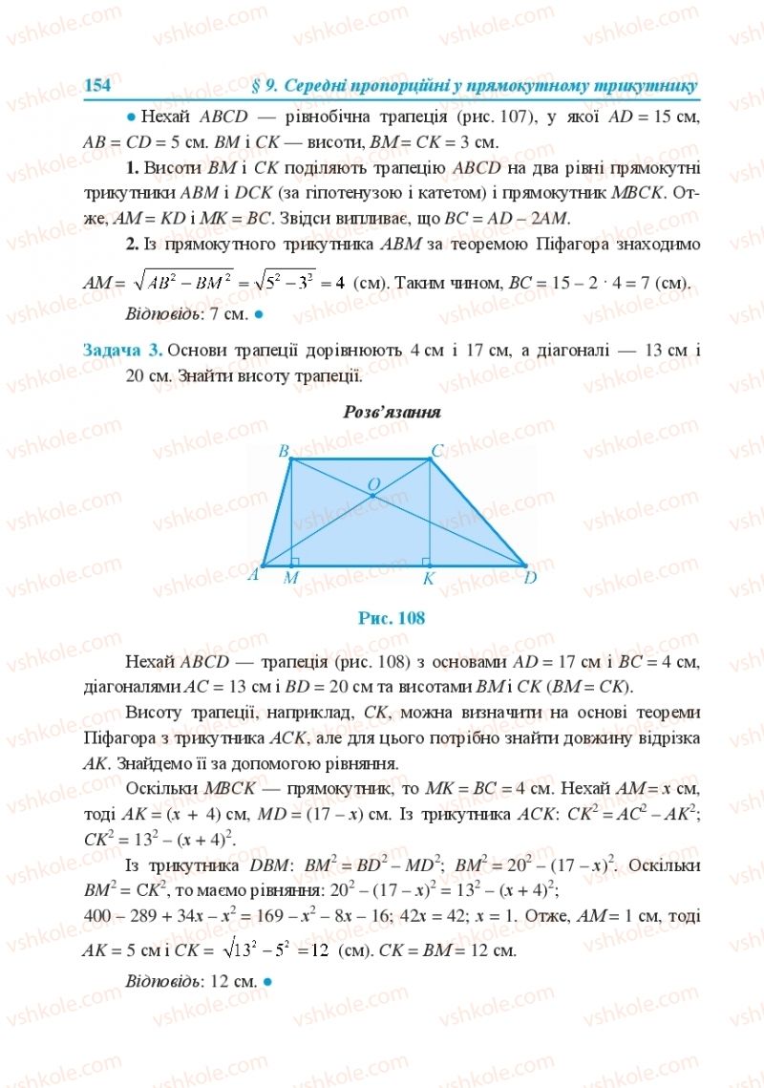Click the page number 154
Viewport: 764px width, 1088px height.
tap(98, 85)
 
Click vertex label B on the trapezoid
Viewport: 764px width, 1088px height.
tap(283, 450)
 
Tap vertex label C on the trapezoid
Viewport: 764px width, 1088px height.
tap(436, 450)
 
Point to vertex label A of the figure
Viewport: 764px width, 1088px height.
tap(253, 575)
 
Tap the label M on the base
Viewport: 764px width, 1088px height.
tap(291, 578)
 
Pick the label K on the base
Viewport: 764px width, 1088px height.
tap(429, 578)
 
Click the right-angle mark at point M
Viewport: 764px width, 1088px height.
tap(295, 561)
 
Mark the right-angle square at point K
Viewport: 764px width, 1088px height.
tap(425, 561)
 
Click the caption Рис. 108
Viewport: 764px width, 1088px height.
tap(391, 618)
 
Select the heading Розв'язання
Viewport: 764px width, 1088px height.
tap(391, 413)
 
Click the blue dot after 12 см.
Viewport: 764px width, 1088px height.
tap(268, 980)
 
